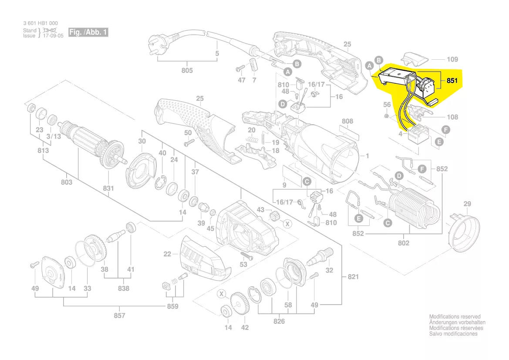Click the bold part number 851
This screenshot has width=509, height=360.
(x=452, y=81)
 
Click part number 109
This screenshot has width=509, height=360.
(x=453, y=59)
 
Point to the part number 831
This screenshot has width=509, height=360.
(x=108, y=188)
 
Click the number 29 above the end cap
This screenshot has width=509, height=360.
(x=467, y=204)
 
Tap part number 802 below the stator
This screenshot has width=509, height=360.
(x=404, y=243)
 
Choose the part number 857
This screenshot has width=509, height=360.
(x=119, y=315)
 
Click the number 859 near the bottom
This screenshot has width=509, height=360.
(x=173, y=306)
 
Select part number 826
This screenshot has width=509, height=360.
(x=279, y=321)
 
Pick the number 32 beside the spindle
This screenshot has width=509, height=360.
(x=329, y=270)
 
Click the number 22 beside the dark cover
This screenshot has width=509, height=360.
(x=168, y=254)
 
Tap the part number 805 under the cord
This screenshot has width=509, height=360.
(x=187, y=71)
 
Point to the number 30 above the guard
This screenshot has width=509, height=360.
(x=142, y=141)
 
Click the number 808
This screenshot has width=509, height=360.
(x=347, y=121)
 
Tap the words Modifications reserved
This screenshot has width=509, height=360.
(x=455, y=317)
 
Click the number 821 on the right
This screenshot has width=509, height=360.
(x=354, y=277)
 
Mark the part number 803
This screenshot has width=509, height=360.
(x=67, y=182)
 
